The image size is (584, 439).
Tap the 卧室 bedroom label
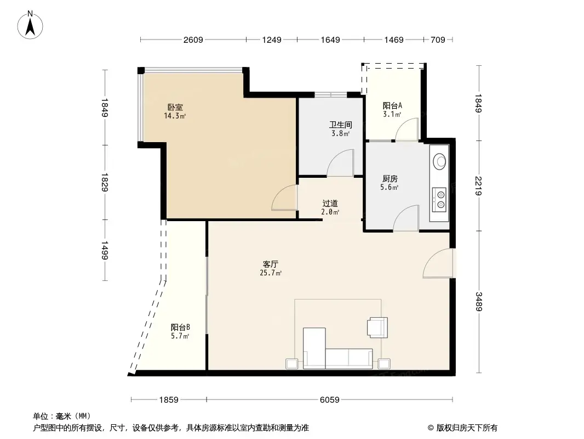pyautogui.click(x=175, y=108)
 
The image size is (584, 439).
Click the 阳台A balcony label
pyautogui.click(x=392, y=105)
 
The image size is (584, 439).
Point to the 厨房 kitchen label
pyautogui.click(x=390, y=179)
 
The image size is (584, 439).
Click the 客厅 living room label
pyautogui.click(x=271, y=264)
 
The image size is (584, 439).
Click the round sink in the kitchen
pyautogui.click(x=439, y=161)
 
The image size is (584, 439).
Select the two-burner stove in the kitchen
pyautogui.click(x=439, y=199)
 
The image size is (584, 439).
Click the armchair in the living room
pyautogui.click(x=377, y=327)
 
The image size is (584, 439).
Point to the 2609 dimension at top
pyautogui.click(x=193, y=40)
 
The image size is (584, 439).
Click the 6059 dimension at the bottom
pyautogui.click(x=329, y=399)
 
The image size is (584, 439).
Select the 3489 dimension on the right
pyautogui.click(x=479, y=301)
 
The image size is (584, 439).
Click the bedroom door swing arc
pyautogui.click(x=283, y=199)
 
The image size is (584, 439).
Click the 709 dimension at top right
pyautogui.click(x=438, y=40)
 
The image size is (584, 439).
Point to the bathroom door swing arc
pyautogui.click(x=341, y=165)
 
